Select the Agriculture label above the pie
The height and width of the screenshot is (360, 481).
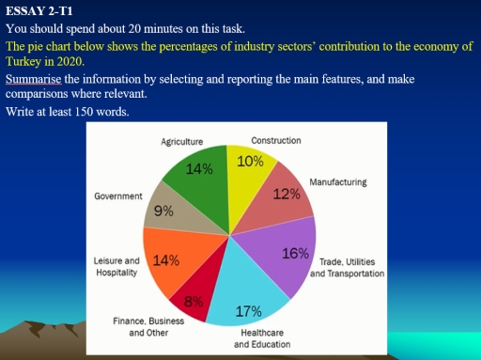pyautogui.click(x=182, y=141)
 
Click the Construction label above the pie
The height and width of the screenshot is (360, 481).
pyautogui.click(x=276, y=140)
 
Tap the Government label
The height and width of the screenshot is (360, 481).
pyautogui.click(x=118, y=196)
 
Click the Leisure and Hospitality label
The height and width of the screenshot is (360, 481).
pyautogui.click(x=116, y=265)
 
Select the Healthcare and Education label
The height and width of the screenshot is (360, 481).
pyautogui.click(x=261, y=338)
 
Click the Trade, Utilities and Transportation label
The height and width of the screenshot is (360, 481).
pyautogui.click(x=347, y=267)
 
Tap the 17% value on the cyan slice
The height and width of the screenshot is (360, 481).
pyautogui.click(x=248, y=311)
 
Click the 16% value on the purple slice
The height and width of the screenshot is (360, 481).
pyautogui.click(x=295, y=253)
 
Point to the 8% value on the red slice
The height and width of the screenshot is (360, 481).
pyautogui.click(x=194, y=301)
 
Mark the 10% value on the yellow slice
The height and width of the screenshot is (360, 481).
pyautogui.click(x=250, y=161)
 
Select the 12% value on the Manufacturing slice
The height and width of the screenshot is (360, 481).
pyautogui.click(x=286, y=195)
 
